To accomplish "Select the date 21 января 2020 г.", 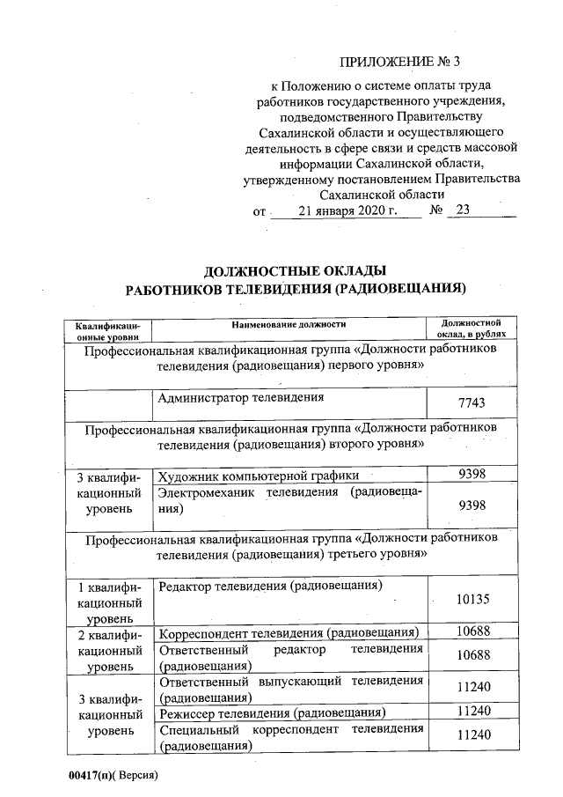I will (x=347, y=211).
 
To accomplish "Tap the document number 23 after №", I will (x=464, y=211).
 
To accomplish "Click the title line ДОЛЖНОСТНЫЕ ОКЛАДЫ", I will (x=295, y=270).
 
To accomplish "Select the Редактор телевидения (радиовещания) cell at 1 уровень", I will (x=272, y=586).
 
